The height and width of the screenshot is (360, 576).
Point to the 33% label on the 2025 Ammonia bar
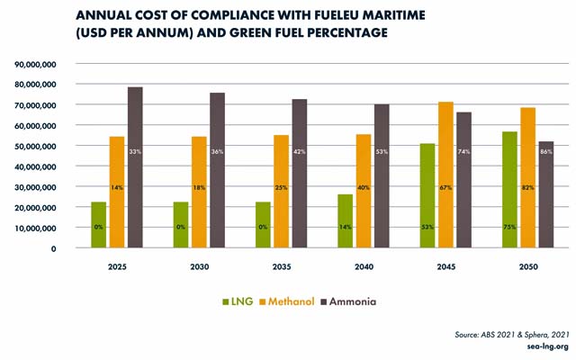(x=135, y=151)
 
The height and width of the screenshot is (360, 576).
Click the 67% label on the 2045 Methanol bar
(x=445, y=188)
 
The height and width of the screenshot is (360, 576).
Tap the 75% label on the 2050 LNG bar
(x=508, y=227)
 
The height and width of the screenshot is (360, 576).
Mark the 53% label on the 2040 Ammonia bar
(x=382, y=151)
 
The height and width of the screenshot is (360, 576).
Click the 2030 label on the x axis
(x=199, y=268)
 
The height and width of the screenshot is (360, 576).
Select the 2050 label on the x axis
(x=527, y=268)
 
